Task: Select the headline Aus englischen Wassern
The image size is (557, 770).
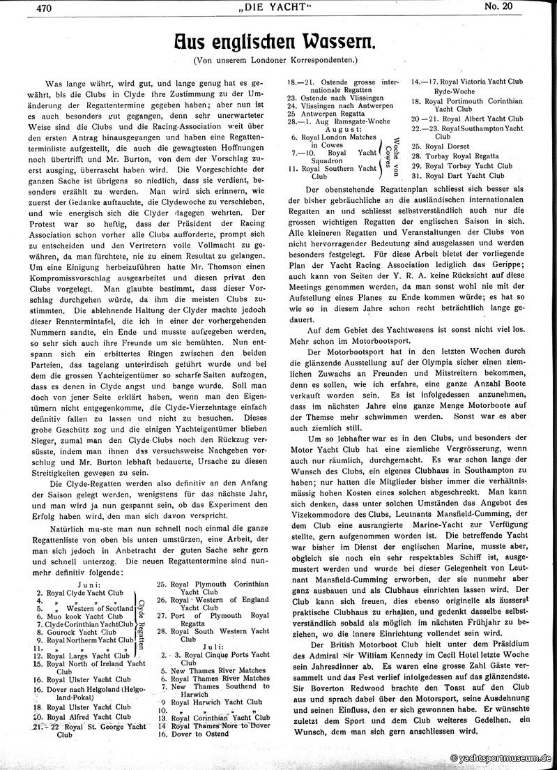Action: pos(278,43)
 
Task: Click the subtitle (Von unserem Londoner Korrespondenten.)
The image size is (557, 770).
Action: pos(278,61)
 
